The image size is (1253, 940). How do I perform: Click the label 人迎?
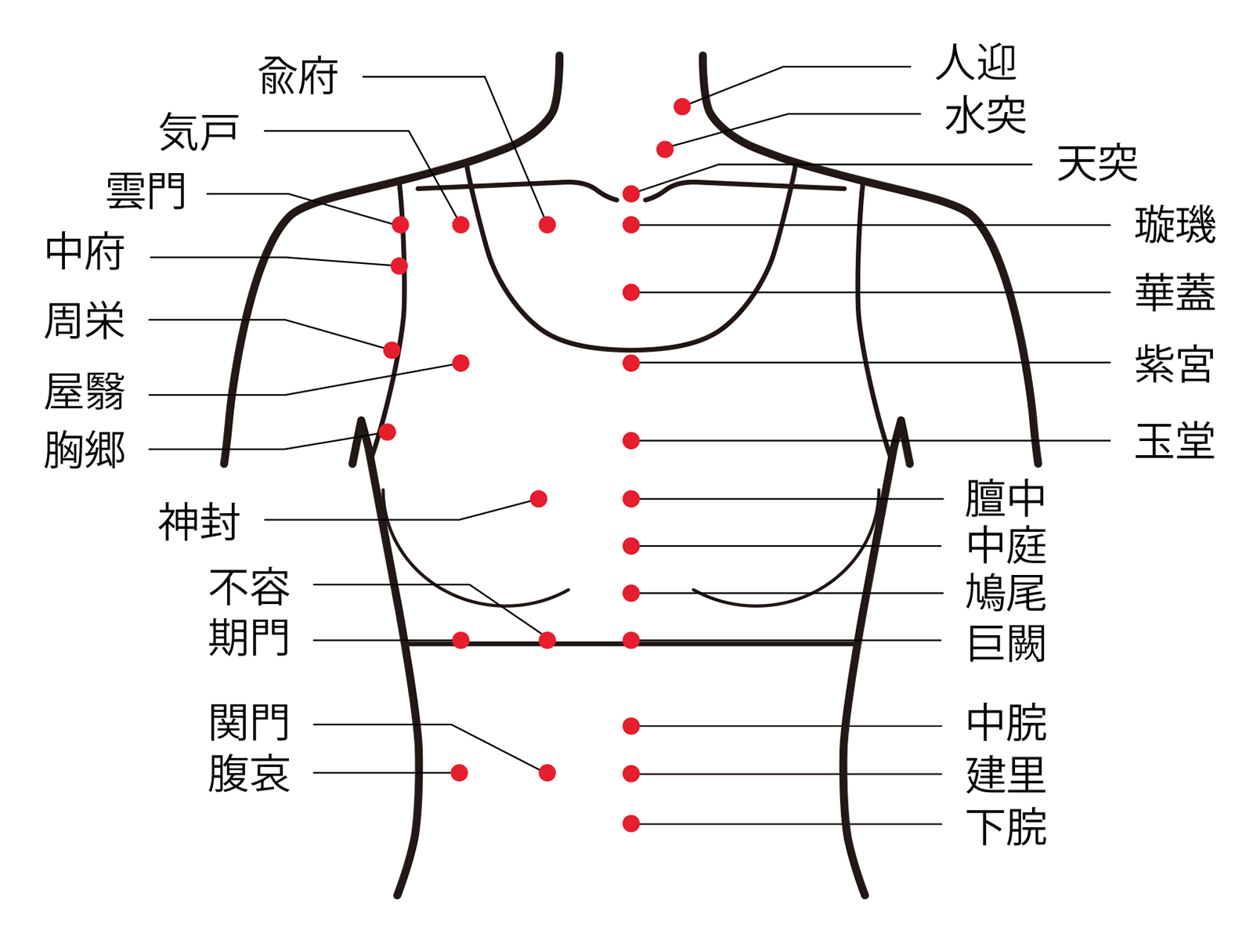[x=976, y=63]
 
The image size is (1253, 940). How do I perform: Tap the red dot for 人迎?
[x=682, y=107]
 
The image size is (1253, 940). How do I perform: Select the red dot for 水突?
[x=665, y=149]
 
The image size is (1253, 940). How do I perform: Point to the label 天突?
[x=1096, y=164]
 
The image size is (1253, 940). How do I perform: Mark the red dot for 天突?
[x=631, y=193]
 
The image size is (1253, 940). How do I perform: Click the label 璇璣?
[x=1175, y=226]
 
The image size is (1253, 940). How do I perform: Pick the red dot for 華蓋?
[x=631, y=293]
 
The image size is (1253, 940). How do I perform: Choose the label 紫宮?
[x=1175, y=364]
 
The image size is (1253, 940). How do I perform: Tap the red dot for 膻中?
[x=631, y=499]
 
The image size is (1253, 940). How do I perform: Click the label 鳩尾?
[x=1006, y=593]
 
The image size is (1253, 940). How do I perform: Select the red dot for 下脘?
[x=631, y=823]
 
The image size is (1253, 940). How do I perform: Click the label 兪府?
[x=298, y=77]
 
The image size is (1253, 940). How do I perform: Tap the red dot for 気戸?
[x=460, y=226]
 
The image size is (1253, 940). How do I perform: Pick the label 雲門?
[x=146, y=193]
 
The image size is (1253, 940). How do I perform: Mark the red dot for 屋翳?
[x=460, y=363]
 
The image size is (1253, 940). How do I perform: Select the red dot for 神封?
[x=539, y=499]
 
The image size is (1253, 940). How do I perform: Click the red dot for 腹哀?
[x=460, y=773]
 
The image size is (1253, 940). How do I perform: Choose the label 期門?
[x=249, y=638]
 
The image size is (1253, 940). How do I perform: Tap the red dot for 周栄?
[x=392, y=350]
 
